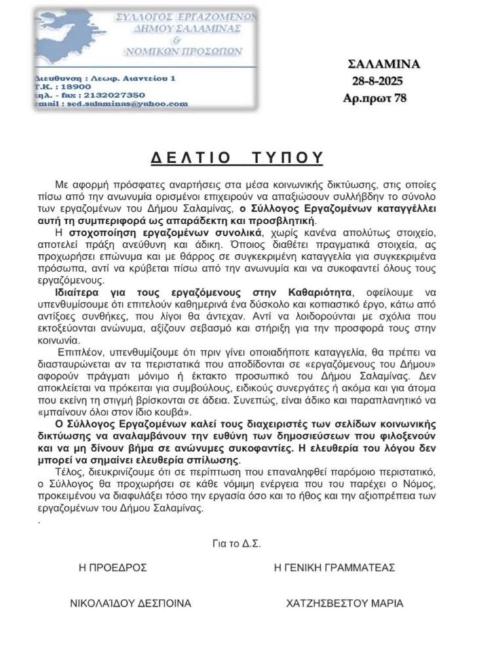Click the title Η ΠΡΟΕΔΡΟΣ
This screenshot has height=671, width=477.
click(x=108, y=567)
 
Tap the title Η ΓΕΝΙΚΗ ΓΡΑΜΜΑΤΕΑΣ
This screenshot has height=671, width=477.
click(x=334, y=567)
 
